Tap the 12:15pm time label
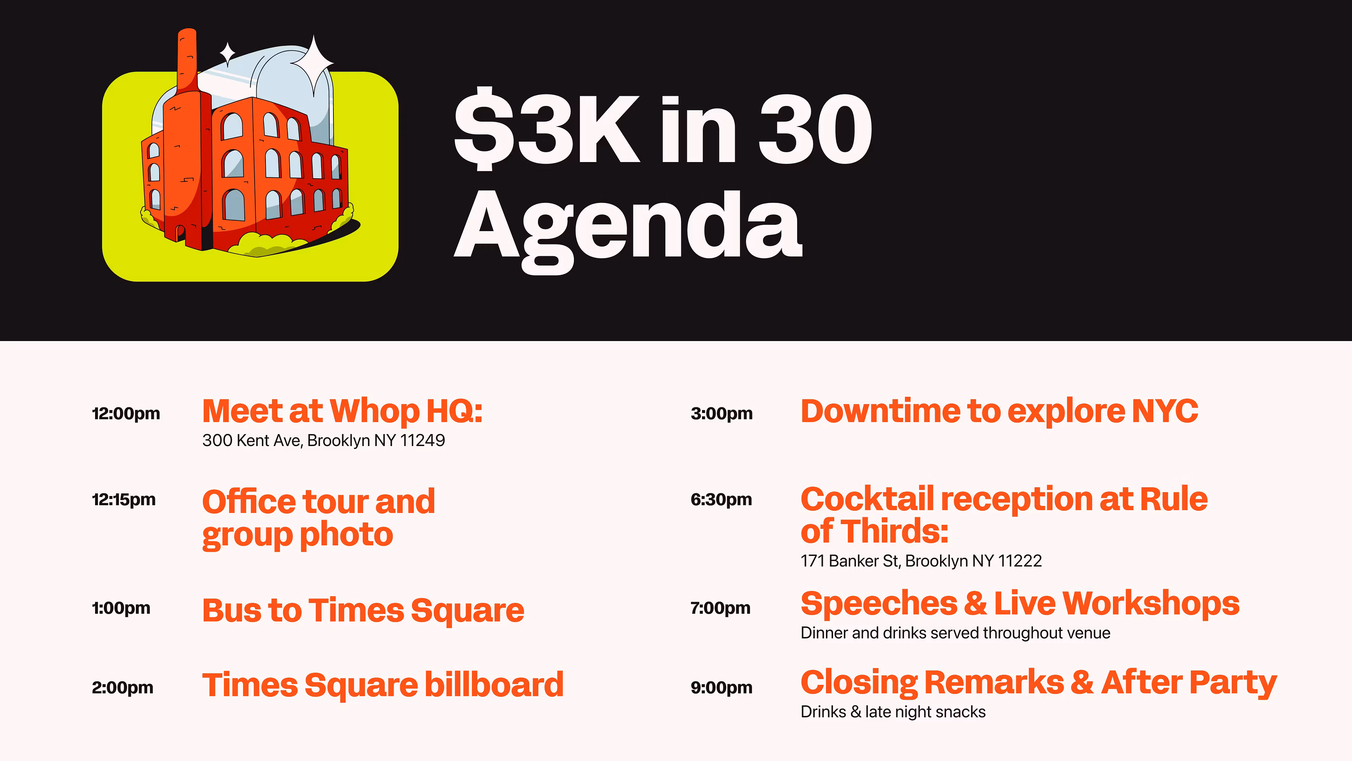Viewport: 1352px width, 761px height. click(x=124, y=500)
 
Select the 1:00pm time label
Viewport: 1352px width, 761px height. click(x=121, y=608)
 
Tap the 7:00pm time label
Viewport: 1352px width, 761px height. click(x=721, y=608)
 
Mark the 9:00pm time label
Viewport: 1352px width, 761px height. click(x=722, y=687)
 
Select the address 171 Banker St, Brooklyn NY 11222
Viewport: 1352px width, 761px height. click(x=921, y=561)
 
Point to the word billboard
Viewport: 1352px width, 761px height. click(x=494, y=685)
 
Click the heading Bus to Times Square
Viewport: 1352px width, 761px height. click(x=363, y=611)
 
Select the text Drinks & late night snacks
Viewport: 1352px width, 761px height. click(x=893, y=712)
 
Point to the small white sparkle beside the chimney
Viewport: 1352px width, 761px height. click(x=227, y=54)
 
